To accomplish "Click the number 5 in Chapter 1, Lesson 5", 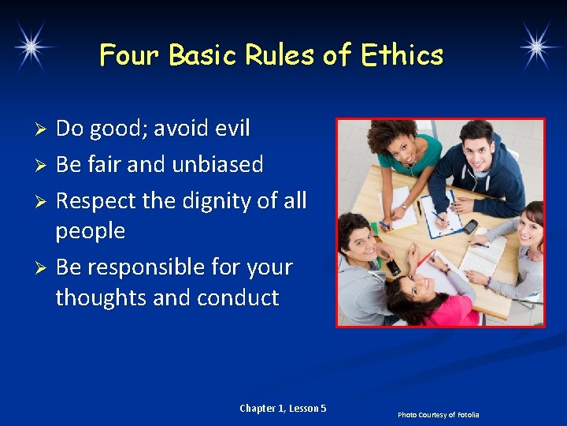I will tap(323, 408).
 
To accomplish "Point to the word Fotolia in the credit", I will tap(465, 415).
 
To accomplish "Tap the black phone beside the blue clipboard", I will tap(470, 226).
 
